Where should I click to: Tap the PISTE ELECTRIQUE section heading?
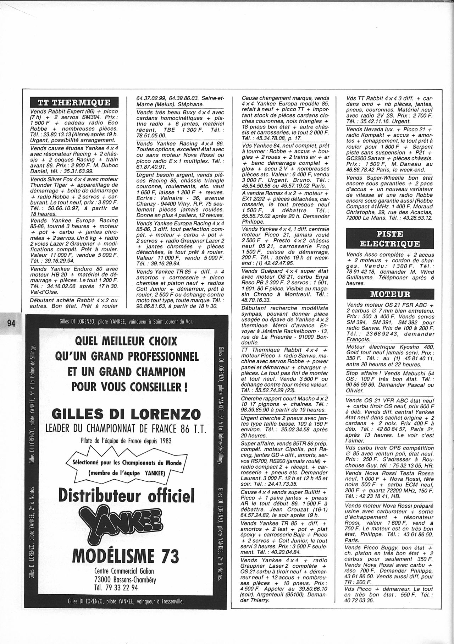[x=390, y=239]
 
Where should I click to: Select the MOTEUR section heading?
[x=390, y=294]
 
